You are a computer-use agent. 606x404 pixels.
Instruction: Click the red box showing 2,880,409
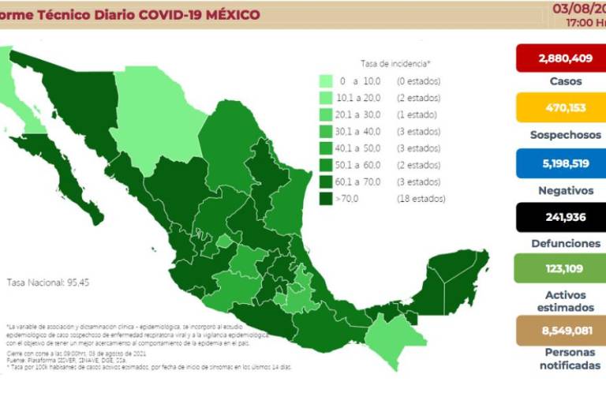point(559,58)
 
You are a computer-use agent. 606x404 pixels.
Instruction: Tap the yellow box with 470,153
point(559,108)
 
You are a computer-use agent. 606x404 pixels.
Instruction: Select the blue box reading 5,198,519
point(559,163)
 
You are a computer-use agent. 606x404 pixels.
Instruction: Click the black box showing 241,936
point(559,218)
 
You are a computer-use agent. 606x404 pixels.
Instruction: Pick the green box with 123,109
point(559,268)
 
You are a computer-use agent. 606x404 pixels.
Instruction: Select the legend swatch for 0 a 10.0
point(325,81)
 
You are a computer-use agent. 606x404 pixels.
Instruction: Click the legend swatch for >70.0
point(325,199)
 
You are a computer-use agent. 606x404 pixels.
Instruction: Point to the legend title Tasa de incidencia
point(395,63)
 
